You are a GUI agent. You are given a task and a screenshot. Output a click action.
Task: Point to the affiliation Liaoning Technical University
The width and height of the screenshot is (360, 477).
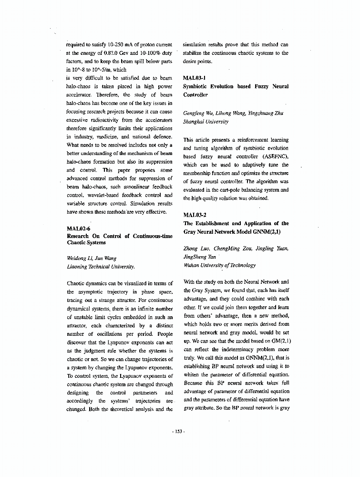[101, 267]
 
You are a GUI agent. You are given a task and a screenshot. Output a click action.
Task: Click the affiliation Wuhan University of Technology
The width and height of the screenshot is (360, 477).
[219, 265]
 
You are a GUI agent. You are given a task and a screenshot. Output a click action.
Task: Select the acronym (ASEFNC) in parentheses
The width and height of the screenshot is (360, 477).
[273, 156]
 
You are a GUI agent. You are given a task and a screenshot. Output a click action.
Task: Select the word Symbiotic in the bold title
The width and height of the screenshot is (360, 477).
[196, 86]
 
